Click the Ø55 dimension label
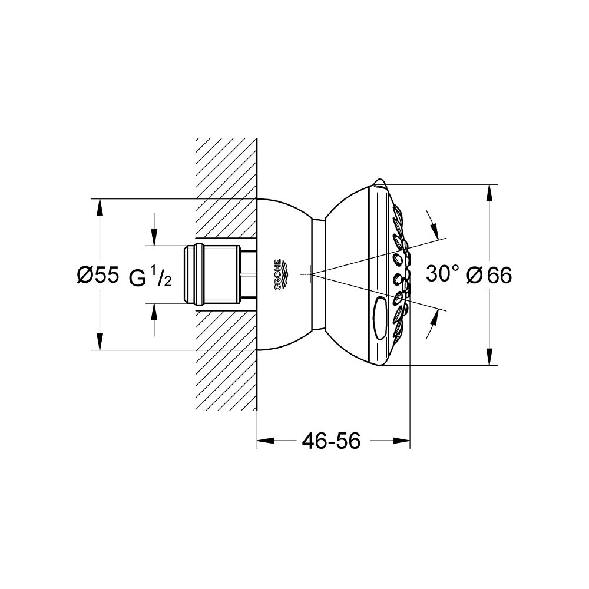98,275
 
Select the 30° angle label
443,274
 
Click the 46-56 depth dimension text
330,440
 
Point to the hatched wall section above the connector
227,188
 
